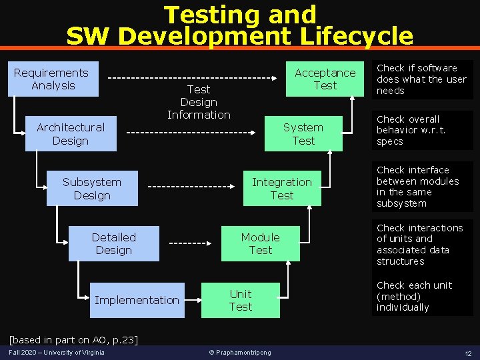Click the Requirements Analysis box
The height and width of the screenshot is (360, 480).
(53, 79)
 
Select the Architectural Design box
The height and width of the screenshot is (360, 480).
(71, 133)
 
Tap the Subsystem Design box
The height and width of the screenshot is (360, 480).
(92, 188)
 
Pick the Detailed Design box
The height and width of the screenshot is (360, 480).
(114, 244)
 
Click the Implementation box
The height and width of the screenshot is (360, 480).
(137, 300)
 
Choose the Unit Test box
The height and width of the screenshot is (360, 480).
(241, 300)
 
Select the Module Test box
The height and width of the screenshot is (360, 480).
(261, 244)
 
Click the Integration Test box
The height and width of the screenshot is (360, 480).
(282, 188)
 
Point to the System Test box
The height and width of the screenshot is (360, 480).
(303, 133)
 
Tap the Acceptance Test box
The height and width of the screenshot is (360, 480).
(325, 79)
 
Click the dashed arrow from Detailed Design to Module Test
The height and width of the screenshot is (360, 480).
(190, 243)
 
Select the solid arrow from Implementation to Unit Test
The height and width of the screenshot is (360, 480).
(193, 300)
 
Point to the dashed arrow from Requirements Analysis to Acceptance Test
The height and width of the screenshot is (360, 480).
(192, 78)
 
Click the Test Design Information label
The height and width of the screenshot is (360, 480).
(199, 102)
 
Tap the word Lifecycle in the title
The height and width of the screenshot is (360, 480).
(357, 36)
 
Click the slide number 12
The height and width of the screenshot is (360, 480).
(468, 353)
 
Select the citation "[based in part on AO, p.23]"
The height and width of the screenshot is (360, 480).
(74, 340)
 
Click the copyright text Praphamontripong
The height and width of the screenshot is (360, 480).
(240, 353)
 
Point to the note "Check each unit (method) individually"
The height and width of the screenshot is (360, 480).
(414, 296)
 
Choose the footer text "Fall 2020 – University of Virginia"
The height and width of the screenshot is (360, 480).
(57, 353)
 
